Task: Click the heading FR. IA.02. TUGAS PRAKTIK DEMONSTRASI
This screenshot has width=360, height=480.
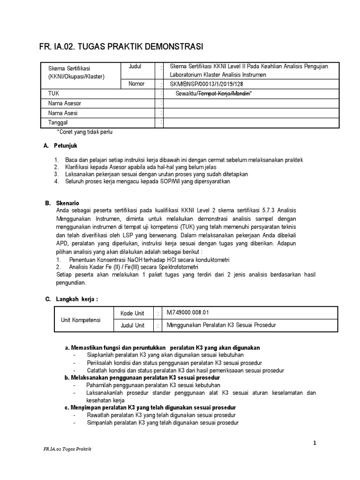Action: (120, 47)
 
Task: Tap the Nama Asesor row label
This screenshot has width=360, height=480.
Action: (65, 103)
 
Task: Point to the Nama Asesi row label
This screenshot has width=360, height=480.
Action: (63, 113)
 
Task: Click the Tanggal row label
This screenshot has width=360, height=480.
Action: (58, 123)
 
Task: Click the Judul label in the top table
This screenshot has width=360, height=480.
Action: (135, 67)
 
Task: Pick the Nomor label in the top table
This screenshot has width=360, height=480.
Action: (136, 84)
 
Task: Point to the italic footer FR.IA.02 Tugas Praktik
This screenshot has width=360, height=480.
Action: (65, 450)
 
